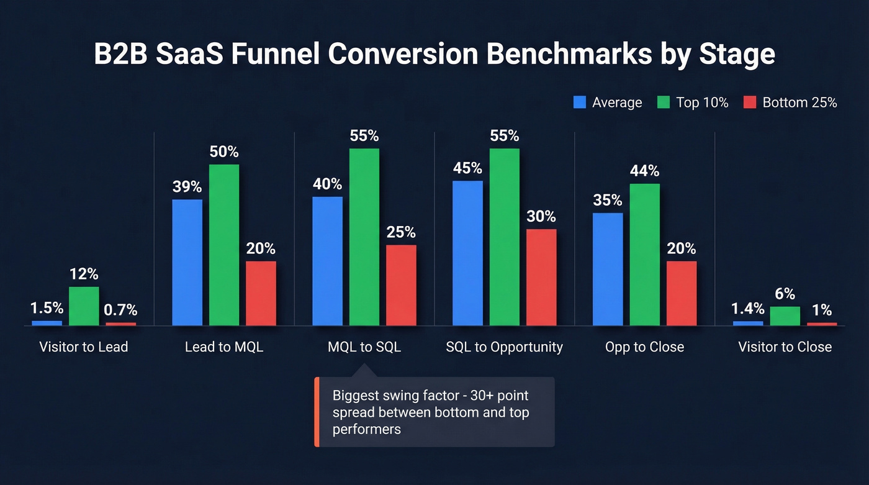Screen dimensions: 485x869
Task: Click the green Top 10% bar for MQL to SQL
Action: [364, 237]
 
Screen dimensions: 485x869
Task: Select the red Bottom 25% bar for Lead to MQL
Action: [261, 293]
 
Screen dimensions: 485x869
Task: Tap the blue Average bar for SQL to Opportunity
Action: [467, 253]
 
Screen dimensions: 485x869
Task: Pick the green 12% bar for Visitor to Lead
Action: [84, 306]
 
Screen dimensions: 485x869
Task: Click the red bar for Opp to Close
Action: [682, 293]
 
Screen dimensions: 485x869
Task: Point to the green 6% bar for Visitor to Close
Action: [785, 315]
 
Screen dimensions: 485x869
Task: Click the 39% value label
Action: [187, 187]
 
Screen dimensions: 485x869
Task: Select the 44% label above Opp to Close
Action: [644, 171]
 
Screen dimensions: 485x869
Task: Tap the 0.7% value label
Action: [121, 310]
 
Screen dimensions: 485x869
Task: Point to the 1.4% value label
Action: [747, 309]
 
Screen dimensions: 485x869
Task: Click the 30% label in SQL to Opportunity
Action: [541, 217]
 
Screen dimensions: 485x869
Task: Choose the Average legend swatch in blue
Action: [580, 102]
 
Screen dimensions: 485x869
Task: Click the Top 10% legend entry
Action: [693, 102]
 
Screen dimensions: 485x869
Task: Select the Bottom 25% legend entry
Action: [790, 102]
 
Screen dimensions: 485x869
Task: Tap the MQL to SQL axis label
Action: [364, 347]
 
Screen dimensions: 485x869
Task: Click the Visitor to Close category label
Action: [785, 347]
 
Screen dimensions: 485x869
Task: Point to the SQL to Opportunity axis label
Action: [504, 347]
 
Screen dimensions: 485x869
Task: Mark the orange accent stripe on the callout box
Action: [317, 412]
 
